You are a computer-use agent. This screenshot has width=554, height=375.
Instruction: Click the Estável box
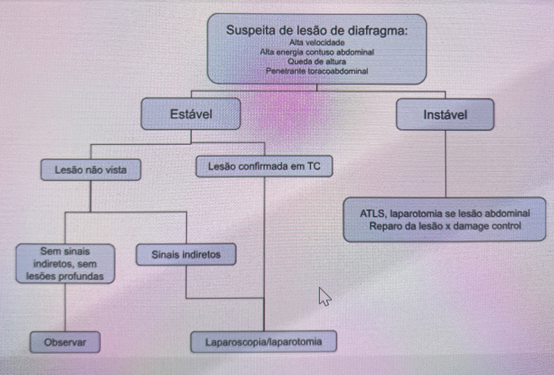coord(191,114)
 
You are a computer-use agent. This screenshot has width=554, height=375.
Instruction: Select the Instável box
coord(445,115)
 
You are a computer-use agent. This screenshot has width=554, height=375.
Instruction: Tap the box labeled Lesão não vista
coord(91,169)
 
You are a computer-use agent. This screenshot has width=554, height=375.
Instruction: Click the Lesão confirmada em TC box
coord(264,167)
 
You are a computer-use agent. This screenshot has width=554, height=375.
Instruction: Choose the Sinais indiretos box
coord(186,255)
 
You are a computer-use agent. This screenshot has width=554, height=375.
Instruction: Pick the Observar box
coord(65,342)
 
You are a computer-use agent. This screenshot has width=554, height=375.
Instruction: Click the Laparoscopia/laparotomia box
coord(263,342)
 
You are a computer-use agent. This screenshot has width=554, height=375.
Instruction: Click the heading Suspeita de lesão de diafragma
coord(317,30)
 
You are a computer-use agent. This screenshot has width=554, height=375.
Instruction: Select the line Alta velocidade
coord(317,42)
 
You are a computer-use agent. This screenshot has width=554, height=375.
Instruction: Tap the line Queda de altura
coord(317,61)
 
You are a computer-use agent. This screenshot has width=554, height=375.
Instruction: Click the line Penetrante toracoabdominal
coord(317,71)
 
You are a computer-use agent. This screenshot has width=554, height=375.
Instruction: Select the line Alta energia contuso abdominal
coord(317,52)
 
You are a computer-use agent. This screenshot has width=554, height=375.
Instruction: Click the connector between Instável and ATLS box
coord(445,164)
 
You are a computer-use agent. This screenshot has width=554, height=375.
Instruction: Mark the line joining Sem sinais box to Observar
coord(65,307)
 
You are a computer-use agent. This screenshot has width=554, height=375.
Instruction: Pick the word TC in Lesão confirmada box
coord(314,167)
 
